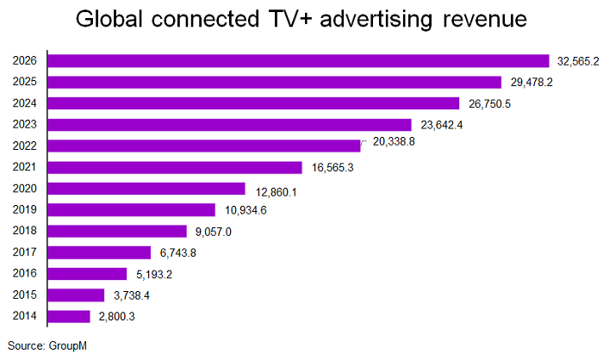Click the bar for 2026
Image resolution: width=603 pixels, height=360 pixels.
(x=298, y=60)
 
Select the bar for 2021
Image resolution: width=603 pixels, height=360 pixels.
(x=175, y=167)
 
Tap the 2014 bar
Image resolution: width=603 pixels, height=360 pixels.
(x=69, y=316)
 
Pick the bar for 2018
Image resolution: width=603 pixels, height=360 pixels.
(x=117, y=231)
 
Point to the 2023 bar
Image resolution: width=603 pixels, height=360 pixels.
(x=229, y=124)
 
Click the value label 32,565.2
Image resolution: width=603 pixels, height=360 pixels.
(x=575, y=61)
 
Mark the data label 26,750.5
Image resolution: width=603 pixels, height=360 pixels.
(x=486, y=103)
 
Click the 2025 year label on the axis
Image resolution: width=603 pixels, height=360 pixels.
(x=25, y=82)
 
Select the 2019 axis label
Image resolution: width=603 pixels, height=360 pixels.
(x=25, y=209)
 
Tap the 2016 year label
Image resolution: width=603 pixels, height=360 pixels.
(x=25, y=273)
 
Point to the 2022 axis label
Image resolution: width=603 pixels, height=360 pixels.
(x=25, y=146)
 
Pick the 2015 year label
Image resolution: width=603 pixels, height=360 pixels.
(x=25, y=295)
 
